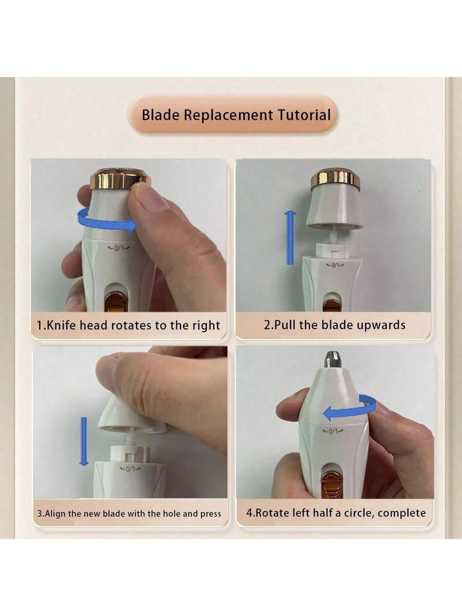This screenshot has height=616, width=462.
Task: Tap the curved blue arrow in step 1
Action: (x=107, y=221)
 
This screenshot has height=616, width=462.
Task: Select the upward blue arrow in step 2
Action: (x=291, y=237)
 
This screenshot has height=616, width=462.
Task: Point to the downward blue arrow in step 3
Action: (x=84, y=442)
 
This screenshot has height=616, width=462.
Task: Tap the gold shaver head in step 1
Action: (x=120, y=178)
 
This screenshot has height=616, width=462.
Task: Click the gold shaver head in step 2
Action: (x=336, y=177)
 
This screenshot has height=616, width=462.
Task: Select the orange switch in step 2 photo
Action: (x=331, y=305)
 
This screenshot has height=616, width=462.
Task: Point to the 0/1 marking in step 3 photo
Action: (x=130, y=469)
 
